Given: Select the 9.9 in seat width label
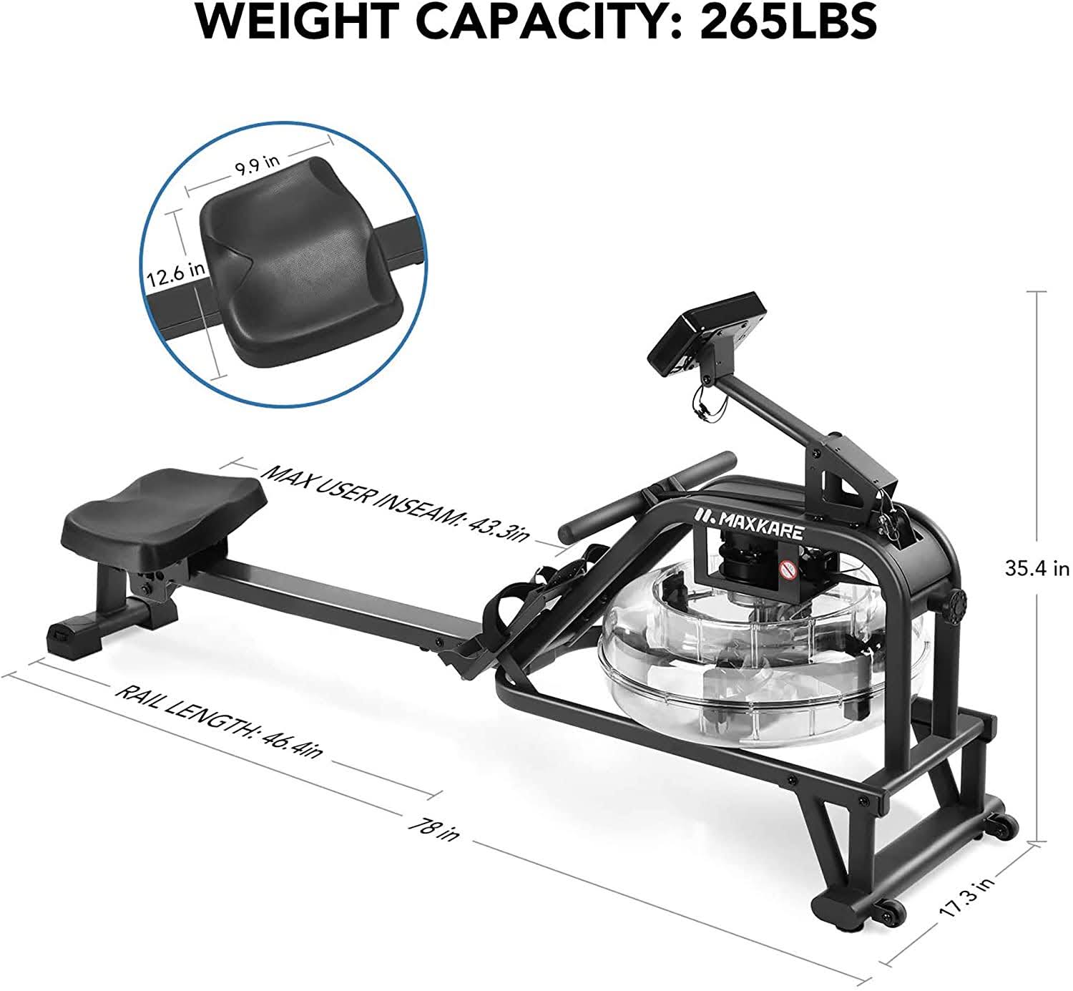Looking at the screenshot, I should (x=256, y=164).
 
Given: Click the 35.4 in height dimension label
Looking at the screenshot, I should (x=1037, y=568).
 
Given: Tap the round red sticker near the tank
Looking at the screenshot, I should (x=788, y=570).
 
